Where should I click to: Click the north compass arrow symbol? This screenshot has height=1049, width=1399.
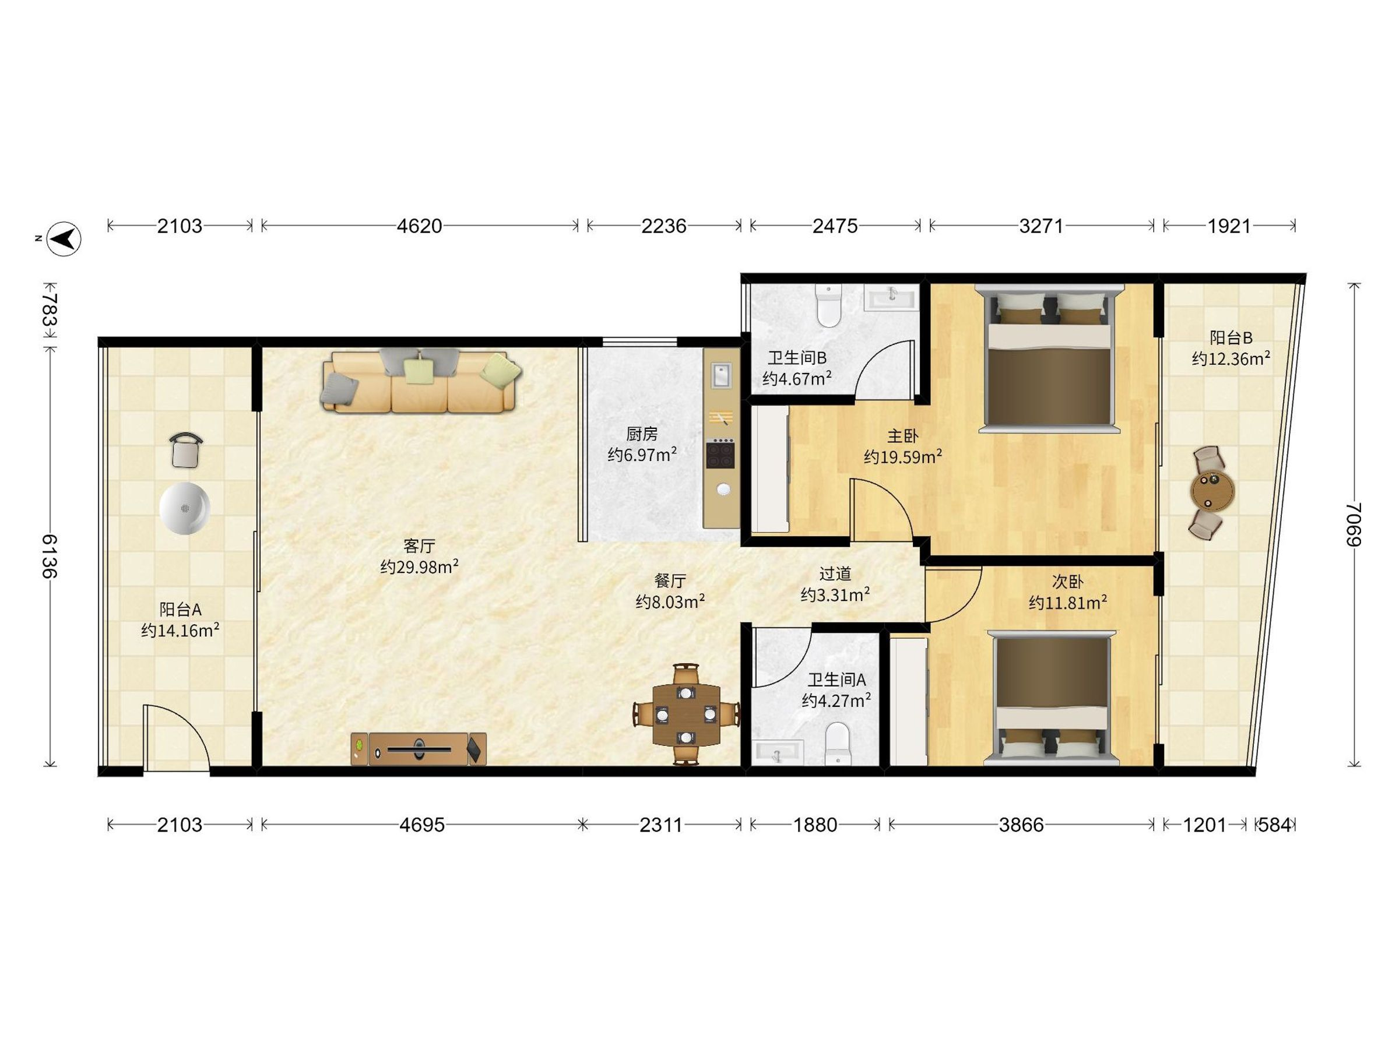pyautogui.click(x=65, y=239)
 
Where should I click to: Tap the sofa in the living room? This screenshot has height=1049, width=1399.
pyautogui.click(x=422, y=382)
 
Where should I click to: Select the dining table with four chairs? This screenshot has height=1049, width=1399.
pyautogui.click(x=686, y=714)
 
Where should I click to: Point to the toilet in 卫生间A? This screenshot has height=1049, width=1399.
pyautogui.click(x=839, y=744)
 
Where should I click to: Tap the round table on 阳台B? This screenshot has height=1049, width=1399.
pyautogui.click(x=1212, y=492)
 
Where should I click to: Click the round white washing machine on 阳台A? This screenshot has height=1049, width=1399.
pyautogui.click(x=185, y=508)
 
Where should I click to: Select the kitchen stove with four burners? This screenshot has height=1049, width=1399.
pyautogui.click(x=720, y=453)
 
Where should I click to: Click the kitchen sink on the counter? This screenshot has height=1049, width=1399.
pyautogui.click(x=721, y=375)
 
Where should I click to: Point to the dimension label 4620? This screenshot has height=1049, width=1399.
pyautogui.click(x=419, y=226)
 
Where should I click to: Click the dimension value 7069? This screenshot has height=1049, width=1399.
pyautogui.click(x=1353, y=524)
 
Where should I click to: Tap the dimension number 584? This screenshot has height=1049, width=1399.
pyautogui.click(x=1274, y=825)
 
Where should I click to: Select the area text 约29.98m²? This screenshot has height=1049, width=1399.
pyautogui.click(x=419, y=566)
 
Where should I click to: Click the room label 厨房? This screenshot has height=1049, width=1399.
pyautogui.click(x=642, y=434)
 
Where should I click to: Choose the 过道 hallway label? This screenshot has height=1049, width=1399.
pyautogui.click(x=835, y=573)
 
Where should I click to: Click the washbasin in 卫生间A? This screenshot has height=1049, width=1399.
pyautogui.click(x=778, y=753)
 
